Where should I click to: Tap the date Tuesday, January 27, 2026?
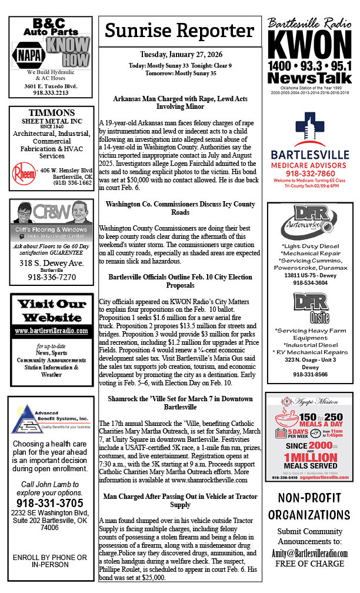click(181, 55)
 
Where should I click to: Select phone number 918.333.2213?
click(51, 92)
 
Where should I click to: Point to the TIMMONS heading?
click(51, 113)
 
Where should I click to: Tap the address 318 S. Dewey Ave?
click(51, 263)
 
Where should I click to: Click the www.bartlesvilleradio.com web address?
click(51, 331)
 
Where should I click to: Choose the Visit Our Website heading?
click(51, 311)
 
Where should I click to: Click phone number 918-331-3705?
click(51, 504)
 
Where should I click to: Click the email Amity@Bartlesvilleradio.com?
click(309, 554)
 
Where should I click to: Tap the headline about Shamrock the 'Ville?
click(181, 402)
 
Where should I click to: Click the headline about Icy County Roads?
click(181, 208)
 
